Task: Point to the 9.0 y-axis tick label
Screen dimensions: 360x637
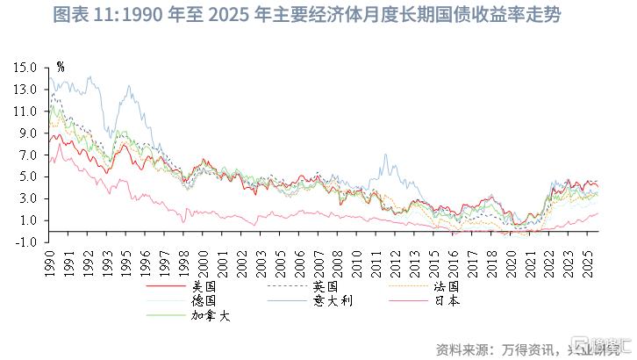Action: [28, 133]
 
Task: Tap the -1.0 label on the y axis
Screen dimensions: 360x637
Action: [26, 241]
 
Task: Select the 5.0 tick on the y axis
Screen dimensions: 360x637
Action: [28, 176]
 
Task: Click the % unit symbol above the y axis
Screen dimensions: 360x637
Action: [60, 66]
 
